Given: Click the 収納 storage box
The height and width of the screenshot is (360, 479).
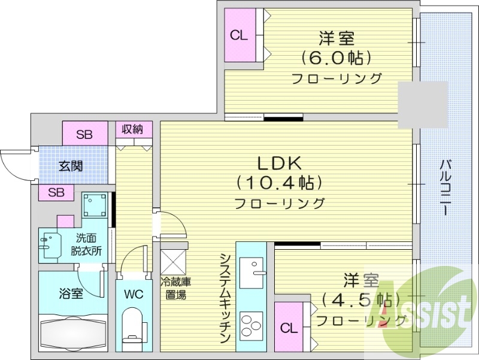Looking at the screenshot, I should coord(133,129).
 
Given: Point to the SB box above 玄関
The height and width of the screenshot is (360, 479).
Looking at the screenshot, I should coord(84,134).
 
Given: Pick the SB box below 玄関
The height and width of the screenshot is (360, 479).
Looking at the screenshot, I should coord(56,193).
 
